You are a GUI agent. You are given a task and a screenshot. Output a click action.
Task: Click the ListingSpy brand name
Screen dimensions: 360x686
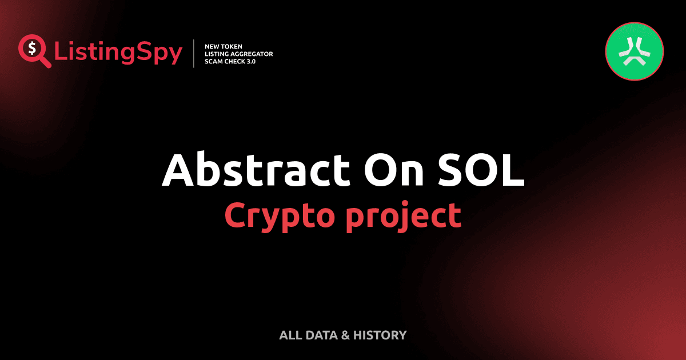118,53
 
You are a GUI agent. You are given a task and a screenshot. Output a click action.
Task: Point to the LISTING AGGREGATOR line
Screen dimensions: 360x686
238,54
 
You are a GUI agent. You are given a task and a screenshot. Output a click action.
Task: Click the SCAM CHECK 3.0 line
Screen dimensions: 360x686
230,61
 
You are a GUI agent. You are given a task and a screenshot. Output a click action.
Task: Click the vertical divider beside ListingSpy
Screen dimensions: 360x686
195,54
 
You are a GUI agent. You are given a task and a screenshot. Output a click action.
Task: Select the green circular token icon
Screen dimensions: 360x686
634,51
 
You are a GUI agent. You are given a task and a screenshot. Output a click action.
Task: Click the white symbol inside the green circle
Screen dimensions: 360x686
634,51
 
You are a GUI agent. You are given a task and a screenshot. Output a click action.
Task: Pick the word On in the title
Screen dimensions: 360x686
394,170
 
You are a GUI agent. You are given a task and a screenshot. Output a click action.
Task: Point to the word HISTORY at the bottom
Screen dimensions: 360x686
380,335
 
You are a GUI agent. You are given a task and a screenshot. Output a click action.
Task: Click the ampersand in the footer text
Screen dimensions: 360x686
345,335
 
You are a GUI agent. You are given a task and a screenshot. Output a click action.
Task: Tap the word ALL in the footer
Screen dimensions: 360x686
289,335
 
